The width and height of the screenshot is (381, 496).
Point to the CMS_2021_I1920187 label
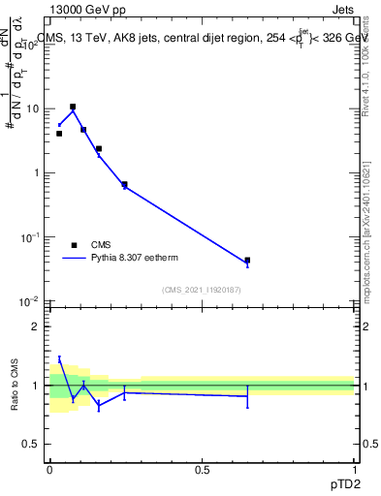(201, 290)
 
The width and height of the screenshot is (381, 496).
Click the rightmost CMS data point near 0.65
(247, 261)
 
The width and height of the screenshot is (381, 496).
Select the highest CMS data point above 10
(73, 107)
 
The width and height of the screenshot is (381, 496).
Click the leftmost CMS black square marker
(59, 134)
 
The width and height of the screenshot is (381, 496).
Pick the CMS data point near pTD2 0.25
(124, 184)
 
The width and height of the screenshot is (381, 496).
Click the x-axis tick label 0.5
(202, 470)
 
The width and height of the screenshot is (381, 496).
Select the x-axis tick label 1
(354, 470)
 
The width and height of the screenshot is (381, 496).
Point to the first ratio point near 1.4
(59, 359)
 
